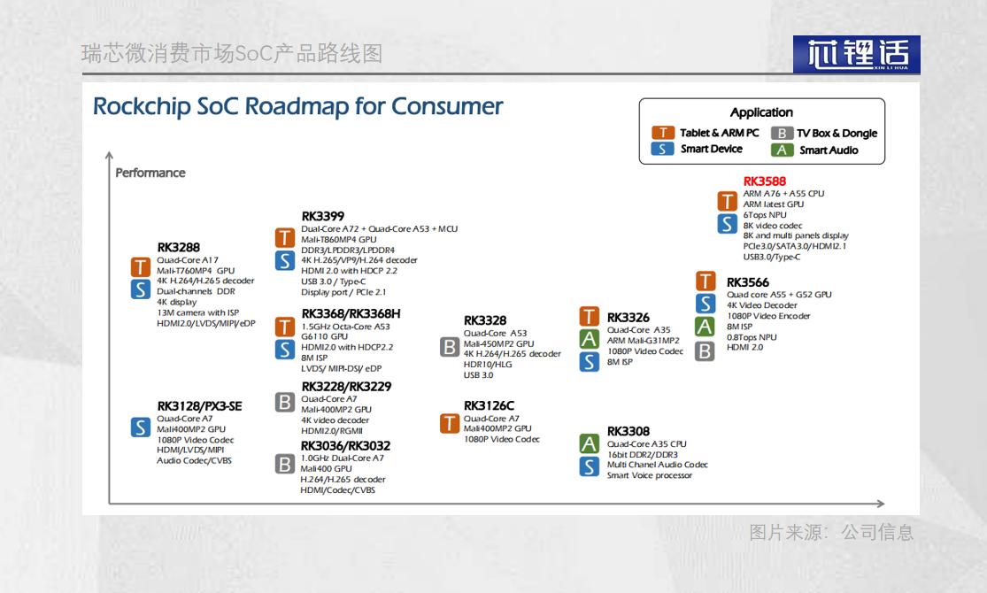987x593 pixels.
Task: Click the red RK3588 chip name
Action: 764,181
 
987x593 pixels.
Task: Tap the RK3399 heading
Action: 323,216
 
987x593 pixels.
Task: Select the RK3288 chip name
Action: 179,248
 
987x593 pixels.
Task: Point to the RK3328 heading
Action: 485,320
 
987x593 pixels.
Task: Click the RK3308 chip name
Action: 628,431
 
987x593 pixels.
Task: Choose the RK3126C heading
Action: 490,405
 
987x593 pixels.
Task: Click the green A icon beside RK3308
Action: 590,443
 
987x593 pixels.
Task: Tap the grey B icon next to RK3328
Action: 450,347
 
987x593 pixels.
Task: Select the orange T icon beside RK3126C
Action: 450,423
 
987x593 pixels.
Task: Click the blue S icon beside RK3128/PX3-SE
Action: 141,427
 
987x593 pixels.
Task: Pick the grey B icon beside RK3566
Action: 705,351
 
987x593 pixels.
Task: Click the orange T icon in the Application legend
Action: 663,133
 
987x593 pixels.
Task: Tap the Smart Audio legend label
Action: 829,150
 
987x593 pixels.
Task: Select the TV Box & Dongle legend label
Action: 837,134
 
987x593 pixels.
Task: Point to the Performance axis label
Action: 150,173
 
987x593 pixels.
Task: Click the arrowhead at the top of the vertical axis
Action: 110,154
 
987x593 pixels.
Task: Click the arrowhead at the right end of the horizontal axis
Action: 882,504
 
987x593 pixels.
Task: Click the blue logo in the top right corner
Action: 857,54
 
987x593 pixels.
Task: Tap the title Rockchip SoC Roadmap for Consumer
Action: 297,106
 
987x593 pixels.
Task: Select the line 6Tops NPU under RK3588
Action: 765,215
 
